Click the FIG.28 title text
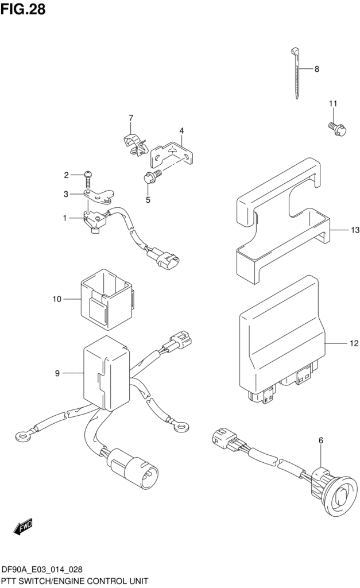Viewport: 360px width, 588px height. coord(23,10)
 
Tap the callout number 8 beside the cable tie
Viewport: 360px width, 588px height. coord(316,69)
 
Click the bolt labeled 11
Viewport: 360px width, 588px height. coord(338,130)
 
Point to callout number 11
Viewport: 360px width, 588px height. coord(332,103)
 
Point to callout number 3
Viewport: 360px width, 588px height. coord(67,194)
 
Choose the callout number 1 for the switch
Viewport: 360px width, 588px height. coord(65,218)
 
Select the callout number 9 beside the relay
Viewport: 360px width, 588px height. coord(57,374)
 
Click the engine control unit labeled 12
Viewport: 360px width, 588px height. coord(281,339)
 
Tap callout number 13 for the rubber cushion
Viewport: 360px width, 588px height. coord(339,230)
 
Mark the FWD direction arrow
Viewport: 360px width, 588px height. coord(23,525)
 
